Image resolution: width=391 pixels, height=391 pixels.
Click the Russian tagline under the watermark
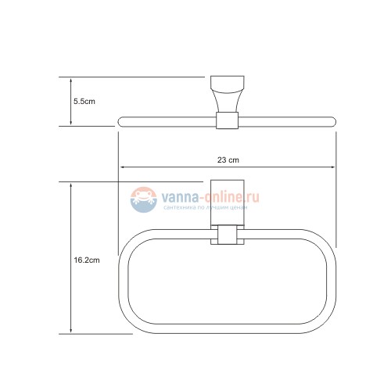(x=204, y=210)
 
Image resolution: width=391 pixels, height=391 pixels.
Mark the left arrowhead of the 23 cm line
(x=122, y=167)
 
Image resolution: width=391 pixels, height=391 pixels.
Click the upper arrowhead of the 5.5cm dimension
(x=72, y=80)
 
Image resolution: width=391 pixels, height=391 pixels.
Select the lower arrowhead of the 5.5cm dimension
(x=72, y=124)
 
